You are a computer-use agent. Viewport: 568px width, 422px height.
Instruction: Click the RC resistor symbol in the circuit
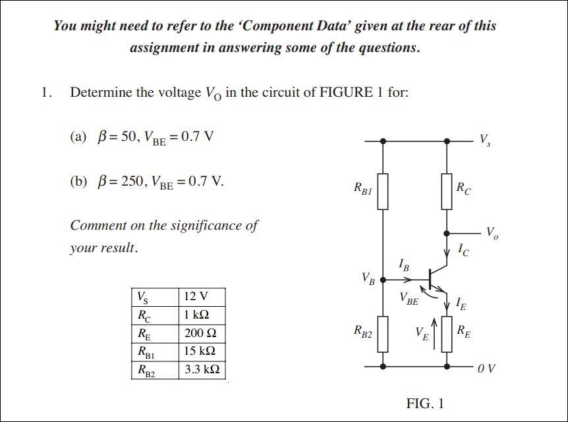point(447,191)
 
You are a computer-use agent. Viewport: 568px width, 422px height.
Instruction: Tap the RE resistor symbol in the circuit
point(447,334)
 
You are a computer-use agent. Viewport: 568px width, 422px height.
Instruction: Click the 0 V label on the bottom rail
point(488,367)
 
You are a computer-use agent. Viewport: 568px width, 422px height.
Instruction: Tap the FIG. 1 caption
point(425,403)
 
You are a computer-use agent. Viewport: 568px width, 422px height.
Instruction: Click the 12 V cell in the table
point(196,296)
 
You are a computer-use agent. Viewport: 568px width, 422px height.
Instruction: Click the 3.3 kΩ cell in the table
point(202,369)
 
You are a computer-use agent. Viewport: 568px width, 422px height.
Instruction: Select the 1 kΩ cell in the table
point(197,315)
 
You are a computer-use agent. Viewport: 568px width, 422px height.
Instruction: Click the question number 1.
point(45,92)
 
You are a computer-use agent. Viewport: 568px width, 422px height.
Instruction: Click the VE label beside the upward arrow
point(422,334)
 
